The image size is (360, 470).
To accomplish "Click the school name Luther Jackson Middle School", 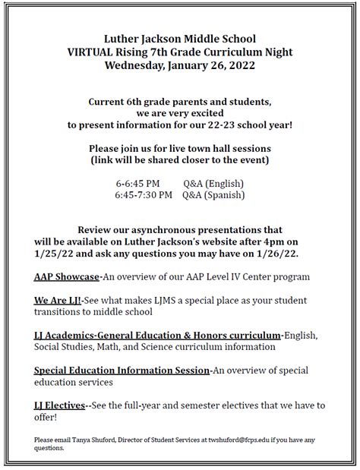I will [179, 38].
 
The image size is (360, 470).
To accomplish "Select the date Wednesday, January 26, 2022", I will [179, 65].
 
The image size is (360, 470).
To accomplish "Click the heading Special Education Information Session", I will [122, 370].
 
